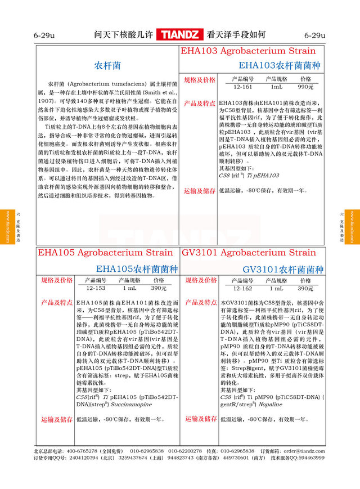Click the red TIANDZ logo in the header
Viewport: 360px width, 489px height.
coord(180,35)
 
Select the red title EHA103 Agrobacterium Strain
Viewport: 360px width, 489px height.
coord(248,51)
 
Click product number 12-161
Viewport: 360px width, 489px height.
coord(242,87)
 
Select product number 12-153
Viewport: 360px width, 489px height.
coord(96,288)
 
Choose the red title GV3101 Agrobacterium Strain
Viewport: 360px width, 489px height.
coord(248,253)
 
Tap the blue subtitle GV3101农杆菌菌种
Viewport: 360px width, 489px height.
coord(283,269)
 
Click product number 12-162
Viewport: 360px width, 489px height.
coord(242,288)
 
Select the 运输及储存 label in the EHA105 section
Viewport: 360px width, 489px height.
coord(56,419)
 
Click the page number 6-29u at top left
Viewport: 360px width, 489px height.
coord(44,35)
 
